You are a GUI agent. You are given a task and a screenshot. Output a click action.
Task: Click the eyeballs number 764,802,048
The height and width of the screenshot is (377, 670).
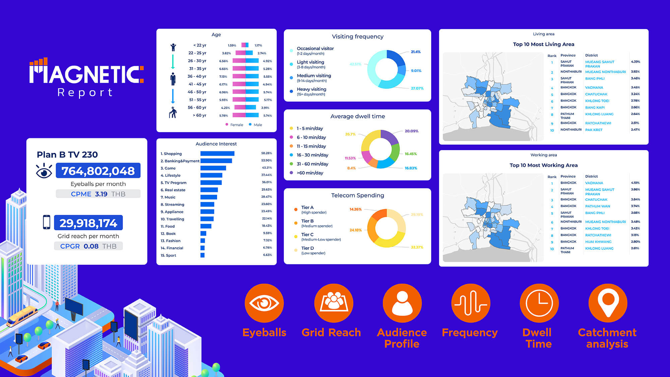[x=98, y=171]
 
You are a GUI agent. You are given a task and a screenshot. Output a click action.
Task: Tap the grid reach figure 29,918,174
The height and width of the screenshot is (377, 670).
[x=88, y=223]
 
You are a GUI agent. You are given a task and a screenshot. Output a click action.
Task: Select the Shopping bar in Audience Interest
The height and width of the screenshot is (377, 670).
[x=217, y=153]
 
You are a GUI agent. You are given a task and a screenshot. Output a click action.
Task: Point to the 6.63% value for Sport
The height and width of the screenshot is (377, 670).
[x=267, y=255]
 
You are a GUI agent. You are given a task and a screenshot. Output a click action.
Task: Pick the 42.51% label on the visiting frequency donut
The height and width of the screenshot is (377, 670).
[x=355, y=64]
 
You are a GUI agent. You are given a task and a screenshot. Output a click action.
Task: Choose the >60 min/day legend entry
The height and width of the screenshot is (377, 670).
[x=310, y=173]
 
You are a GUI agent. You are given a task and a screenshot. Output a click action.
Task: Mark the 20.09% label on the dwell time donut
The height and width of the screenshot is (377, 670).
[x=411, y=131]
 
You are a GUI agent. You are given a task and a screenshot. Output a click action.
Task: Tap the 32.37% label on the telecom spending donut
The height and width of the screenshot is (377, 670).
[x=417, y=247]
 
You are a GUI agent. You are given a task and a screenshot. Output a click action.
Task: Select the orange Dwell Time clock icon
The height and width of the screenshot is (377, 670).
[x=539, y=303]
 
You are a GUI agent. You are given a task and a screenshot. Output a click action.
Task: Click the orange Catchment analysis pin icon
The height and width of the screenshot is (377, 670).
[x=608, y=303]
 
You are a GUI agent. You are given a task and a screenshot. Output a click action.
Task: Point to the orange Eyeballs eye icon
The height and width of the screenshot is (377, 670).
[x=264, y=303]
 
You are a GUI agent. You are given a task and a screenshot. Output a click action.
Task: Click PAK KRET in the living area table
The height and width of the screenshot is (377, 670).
[x=594, y=130]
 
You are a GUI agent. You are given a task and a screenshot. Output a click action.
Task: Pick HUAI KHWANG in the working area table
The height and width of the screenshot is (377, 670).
[x=598, y=242]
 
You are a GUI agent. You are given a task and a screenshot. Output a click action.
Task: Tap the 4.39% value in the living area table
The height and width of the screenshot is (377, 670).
[x=635, y=62]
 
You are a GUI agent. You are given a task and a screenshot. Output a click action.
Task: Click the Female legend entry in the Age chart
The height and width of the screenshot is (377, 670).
[x=236, y=125]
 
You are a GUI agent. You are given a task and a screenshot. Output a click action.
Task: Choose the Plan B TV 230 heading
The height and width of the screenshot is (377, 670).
[x=67, y=154]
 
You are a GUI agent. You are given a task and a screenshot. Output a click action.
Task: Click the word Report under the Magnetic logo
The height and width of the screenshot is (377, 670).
[x=85, y=92]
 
